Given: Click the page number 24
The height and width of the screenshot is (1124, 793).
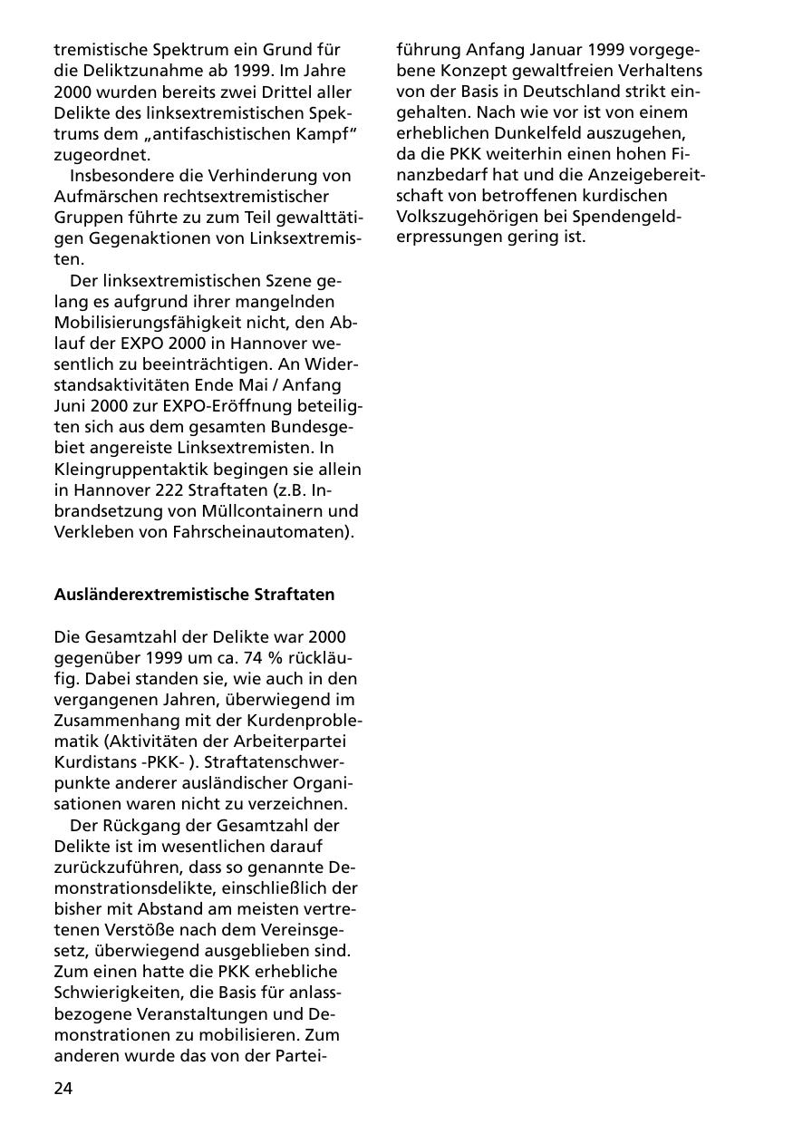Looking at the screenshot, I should [x=63, y=1089].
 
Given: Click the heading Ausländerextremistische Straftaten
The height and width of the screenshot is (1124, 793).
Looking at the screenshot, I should [x=194, y=595].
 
